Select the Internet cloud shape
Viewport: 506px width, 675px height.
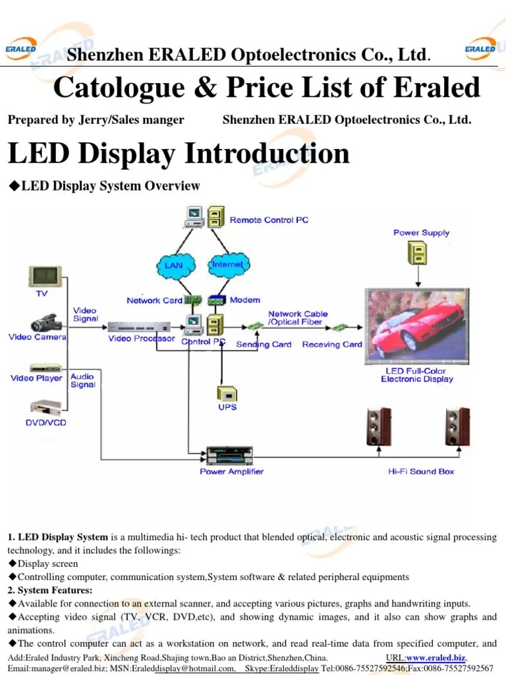[227, 265]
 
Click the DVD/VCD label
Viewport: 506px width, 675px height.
[45, 423]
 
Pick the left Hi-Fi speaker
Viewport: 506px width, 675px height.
[379, 426]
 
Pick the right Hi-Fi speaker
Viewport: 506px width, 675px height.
[457, 426]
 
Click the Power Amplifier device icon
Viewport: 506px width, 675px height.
[231, 455]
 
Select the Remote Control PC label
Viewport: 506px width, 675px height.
[269, 220]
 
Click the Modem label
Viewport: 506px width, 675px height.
[244, 301]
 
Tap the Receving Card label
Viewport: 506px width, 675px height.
[332, 344]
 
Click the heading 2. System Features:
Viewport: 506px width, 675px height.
[50, 590]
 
